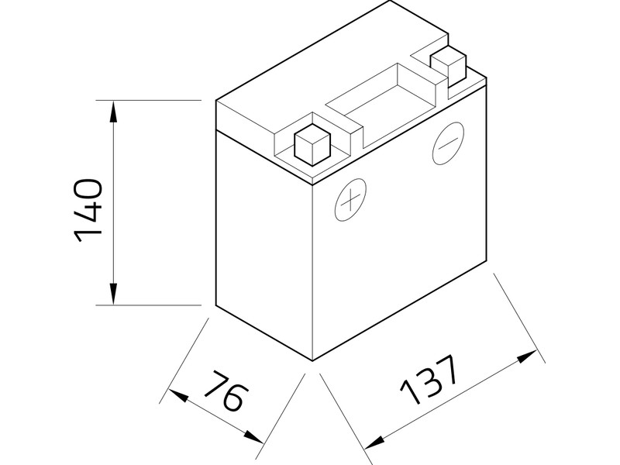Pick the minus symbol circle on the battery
coord(448,142)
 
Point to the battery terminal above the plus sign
coord(313,145)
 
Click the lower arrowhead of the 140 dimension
coord(114,295)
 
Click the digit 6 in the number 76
coord(232,399)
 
